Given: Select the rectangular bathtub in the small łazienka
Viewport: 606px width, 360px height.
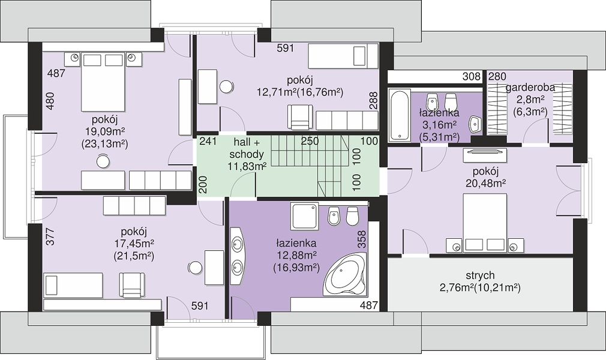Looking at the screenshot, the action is pos(398,115).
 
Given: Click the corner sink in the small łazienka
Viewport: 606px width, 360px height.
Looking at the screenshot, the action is pos(475,124).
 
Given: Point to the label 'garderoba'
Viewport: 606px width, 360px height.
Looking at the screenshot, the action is pos(530,88).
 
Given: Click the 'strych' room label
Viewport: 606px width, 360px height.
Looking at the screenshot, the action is pos(480,275).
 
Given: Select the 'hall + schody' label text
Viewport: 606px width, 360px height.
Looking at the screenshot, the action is pos(246,148).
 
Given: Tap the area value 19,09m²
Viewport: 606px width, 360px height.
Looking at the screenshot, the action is pos(104,131).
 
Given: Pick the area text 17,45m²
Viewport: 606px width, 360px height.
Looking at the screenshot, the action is pos(134,244).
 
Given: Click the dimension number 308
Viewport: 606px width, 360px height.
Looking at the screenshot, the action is pos(472,77).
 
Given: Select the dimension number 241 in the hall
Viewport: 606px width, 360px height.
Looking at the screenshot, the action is pos(208,142).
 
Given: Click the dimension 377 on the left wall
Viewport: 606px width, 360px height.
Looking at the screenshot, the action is pos(50,236).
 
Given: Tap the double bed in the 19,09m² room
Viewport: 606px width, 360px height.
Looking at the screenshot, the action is pos(103,82).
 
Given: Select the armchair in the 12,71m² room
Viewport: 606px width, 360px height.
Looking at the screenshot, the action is pos(299,118).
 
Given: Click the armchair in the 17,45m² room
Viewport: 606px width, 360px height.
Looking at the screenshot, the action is pos(132,285).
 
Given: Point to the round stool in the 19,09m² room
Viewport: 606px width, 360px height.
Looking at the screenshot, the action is pos(103,161).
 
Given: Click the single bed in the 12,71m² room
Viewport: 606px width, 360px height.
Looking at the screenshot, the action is pos(343,56).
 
